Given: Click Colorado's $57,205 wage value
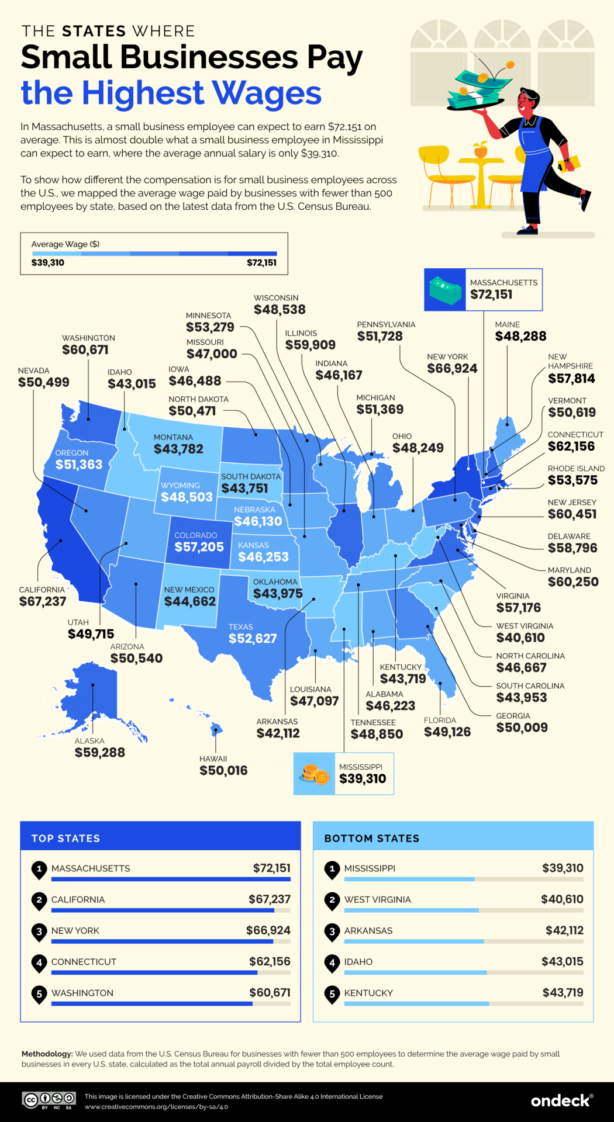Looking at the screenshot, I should coord(199,547).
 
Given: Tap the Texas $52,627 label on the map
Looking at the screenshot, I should coord(253,638).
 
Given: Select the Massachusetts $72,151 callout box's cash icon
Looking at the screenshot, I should coord(444,290).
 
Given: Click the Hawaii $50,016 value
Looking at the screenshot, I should coord(223,770).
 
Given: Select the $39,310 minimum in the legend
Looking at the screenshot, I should coord(48,262).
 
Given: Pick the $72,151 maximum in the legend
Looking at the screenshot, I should coord(261,262).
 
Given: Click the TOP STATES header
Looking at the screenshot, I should coord(65,838).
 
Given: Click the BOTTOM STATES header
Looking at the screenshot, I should coord(372,838).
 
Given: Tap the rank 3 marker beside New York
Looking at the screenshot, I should coord(39,931).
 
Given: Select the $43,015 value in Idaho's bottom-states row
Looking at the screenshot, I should coord(562,961).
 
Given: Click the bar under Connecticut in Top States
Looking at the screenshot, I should coord(154,972).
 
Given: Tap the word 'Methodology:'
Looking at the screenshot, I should coord(47,1054).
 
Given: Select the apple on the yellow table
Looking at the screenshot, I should coord(481,151).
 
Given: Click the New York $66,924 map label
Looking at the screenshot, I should coord(452,368).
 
